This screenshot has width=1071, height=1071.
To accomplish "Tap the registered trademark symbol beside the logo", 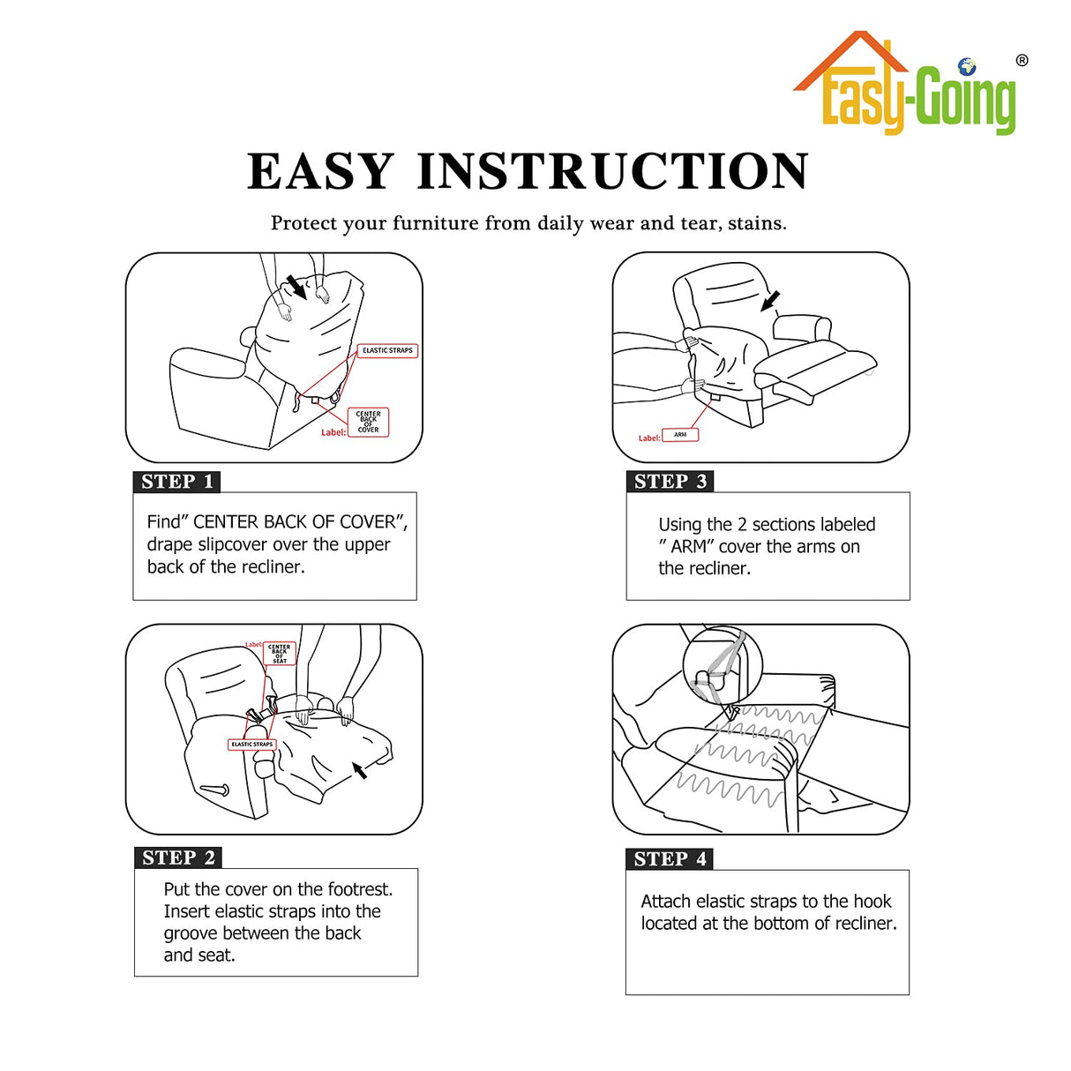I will click(1022, 61).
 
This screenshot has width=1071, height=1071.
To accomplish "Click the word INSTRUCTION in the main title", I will click(612, 171).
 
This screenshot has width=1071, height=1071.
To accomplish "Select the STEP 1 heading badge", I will click(176, 482).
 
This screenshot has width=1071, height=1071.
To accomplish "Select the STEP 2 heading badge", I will click(178, 858).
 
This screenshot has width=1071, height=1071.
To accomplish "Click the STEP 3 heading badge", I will click(670, 482).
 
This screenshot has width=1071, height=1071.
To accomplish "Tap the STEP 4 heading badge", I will click(670, 859).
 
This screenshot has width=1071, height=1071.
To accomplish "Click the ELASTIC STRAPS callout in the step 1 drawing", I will click(387, 350).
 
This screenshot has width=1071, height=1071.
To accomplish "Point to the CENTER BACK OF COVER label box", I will click(368, 423).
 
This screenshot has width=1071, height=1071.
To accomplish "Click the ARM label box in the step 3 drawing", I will click(680, 435).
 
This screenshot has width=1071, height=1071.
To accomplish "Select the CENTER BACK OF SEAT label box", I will click(280, 654).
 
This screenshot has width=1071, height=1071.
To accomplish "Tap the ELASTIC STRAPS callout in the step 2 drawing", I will click(252, 745).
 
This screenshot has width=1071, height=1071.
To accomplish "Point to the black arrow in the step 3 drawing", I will click(770, 301).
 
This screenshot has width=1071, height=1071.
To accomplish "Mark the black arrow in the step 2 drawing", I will click(359, 770).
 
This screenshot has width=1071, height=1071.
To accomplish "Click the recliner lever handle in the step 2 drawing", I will click(214, 789).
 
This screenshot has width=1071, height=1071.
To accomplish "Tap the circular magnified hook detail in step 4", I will click(720, 664).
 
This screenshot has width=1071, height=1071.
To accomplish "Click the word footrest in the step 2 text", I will click(358, 889).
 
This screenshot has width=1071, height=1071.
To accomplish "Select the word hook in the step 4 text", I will click(872, 902).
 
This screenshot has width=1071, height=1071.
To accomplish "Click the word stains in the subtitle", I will click(755, 223).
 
